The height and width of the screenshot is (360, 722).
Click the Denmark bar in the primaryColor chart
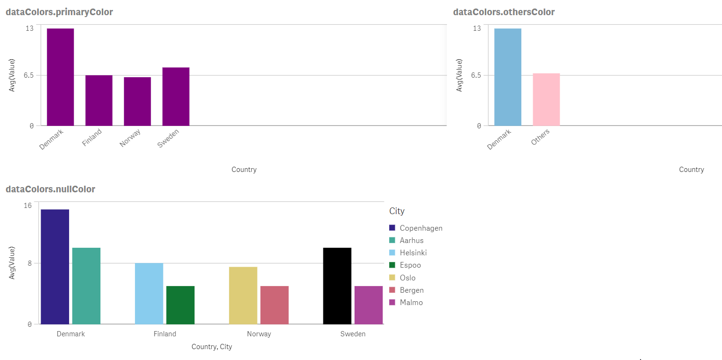click(60, 77)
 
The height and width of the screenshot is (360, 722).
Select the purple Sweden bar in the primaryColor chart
click(176, 96)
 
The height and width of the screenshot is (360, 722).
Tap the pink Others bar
click(546, 99)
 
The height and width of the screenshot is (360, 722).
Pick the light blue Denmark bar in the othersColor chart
click(508, 77)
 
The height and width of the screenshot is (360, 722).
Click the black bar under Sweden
click(337, 286)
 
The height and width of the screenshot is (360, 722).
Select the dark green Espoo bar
click(180, 305)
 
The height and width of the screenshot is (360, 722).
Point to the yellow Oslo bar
click(243, 295)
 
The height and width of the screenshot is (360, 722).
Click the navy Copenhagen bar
click(55, 267)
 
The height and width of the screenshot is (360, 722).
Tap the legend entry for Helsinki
click(413, 253)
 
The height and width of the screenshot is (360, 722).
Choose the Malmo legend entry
click(411, 302)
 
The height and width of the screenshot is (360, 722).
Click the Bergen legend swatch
click(392, 290)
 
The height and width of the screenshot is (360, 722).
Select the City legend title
click(397, 211)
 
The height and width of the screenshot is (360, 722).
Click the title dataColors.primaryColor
click(59, 12)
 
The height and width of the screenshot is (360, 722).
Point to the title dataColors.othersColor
click(504, 12)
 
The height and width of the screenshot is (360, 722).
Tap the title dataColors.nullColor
click(50, 189)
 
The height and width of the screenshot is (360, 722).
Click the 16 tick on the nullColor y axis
click(28, 205)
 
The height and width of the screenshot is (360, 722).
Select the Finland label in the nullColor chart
click(165, 334)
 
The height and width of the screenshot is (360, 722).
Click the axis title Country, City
click(212, 347)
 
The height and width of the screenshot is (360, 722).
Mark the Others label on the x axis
click(541, 137)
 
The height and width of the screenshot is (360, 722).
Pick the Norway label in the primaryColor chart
click(130, 138)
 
